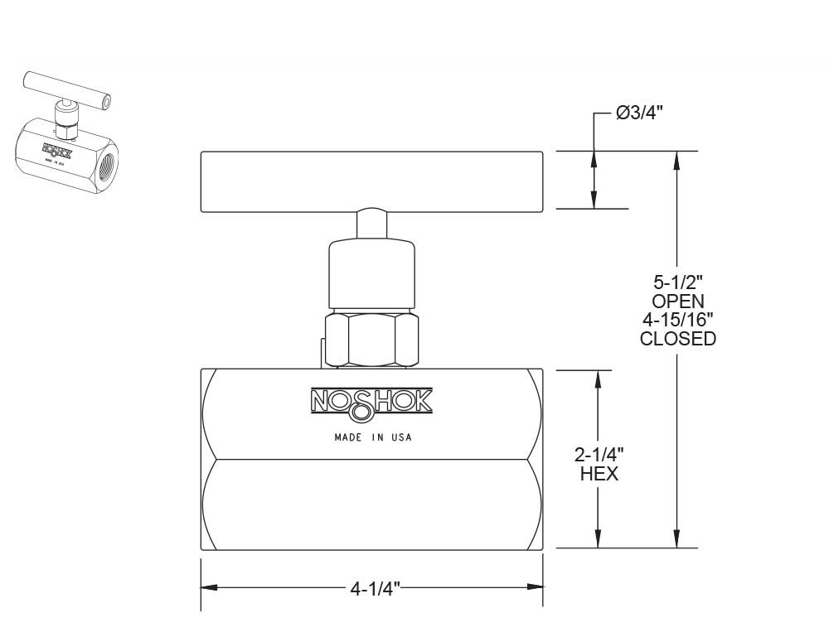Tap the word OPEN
click(678, 301)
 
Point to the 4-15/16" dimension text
click(678, 320)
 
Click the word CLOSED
click(678, 339)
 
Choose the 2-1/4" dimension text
click(599, 455)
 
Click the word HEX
click(599, 474)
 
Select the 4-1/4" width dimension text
click(375, 589)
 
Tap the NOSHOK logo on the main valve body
click(371, 401)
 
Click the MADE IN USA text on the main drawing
click(372, 437)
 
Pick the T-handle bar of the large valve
click(371, 181)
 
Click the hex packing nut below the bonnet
click(372, 339)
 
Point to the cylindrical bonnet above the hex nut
click(371, 273)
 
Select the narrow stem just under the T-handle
click(371, 224)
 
